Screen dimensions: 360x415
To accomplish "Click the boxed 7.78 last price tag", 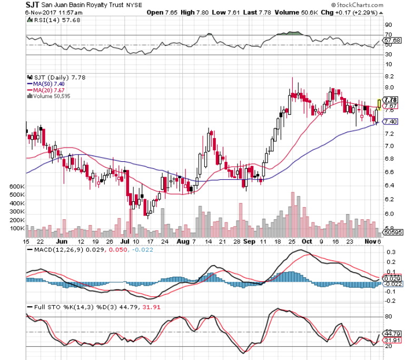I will tap(390, 100).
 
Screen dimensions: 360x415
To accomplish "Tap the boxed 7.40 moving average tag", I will tap(390, 121).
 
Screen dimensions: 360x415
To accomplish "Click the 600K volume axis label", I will tap(17, 186).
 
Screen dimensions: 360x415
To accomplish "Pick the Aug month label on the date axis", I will tap(183, 241).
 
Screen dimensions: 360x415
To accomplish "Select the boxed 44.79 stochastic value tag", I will tap(390, 334).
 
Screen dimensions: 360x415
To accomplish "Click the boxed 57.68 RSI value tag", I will tap(390, 40).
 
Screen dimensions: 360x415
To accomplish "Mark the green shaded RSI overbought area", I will tap(293, 33).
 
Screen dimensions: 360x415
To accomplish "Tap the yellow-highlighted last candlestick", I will tap(379, 104).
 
